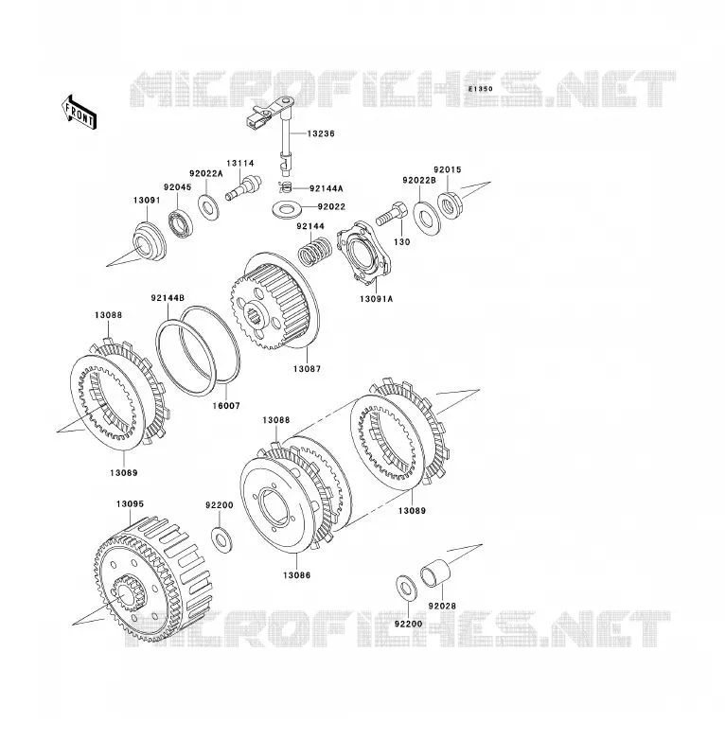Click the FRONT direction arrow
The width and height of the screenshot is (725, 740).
coord(79,112)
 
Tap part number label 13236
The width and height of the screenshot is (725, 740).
coord(321,133)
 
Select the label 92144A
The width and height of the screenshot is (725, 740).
coord(327,188)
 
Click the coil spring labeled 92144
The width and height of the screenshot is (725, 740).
coord(315,250)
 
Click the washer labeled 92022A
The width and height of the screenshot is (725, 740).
coord(208,206)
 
